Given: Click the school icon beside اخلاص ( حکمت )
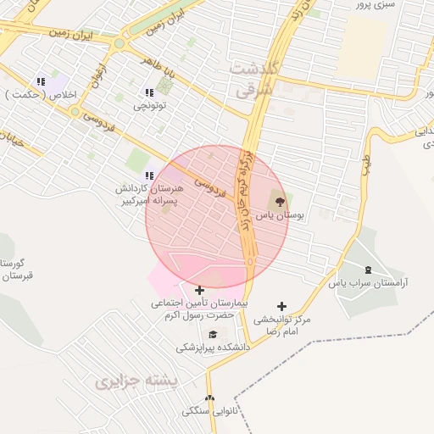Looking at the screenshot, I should tap(40, 82).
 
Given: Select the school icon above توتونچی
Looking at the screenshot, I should tap(150, 92).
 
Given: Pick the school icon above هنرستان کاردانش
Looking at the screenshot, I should tap(149, 175).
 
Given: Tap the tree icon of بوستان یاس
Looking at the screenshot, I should tap(279, 202).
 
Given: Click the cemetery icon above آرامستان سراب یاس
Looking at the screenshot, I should tap(368, 269).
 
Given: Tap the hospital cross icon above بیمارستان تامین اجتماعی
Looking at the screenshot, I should tap(199, 290).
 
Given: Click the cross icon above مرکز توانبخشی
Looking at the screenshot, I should tap(282, 306).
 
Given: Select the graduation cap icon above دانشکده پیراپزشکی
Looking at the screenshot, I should tap(214, 335).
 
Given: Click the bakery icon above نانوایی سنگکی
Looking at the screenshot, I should tap(209, 398).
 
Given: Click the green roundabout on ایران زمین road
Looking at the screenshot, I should tap(120, 43).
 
